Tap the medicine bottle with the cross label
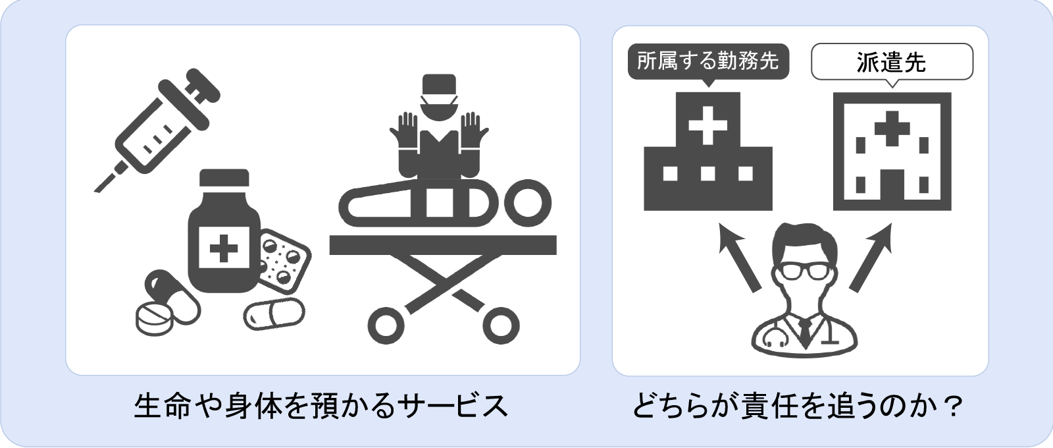pyautogui.click(x=224, y=231)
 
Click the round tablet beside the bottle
pyautogui.click(x=154, y=319)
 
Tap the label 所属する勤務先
pyautogui.click(x=708, y=61)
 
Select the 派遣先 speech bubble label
pyautogui.click(x=892, y=62)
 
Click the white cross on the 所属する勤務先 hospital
pyautogui.click(x=708, y=126)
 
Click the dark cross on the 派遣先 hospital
pyautogui.click(x=892, y=128)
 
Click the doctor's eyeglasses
pyautogui.click(x=805, y=272)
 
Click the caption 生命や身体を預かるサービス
pyautogui.click(x=321, y=406)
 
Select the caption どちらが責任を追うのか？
pyautogui.click(x=798, y=406)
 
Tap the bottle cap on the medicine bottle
pyautogui.click(x=224, y=178)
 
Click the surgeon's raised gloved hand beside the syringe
pyautogui.click(x=403, y=131)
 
